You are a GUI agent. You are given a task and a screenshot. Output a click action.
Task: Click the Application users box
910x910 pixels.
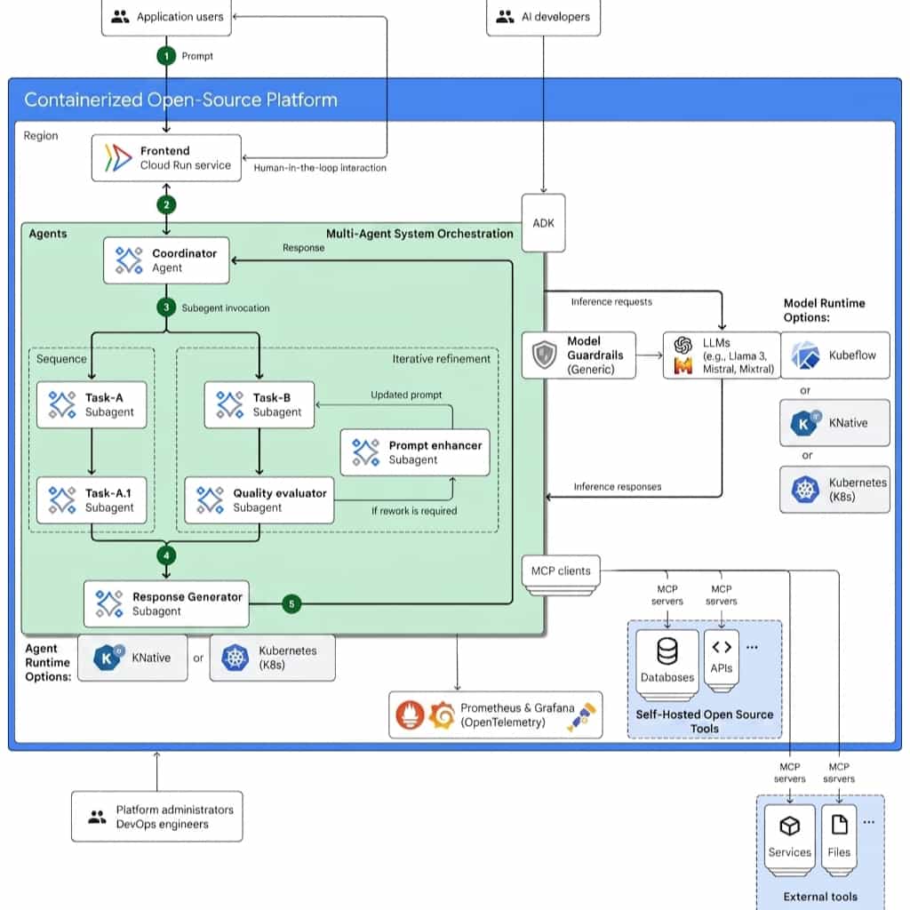tap(166, 17)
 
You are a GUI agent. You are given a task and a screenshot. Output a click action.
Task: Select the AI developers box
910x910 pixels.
tap(543, 17)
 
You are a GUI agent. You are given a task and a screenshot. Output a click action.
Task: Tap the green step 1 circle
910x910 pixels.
tap(166, 56)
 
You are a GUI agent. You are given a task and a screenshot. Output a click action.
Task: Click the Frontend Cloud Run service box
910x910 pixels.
tap(166, 158)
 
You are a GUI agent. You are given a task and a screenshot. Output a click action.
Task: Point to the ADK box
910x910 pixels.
tap(543, 223)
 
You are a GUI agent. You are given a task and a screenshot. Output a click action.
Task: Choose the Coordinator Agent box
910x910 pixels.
tap(166, 260)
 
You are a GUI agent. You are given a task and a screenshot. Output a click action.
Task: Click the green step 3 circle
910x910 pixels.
tap(166, 307)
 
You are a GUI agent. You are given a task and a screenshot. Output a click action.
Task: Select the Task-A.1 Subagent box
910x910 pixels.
tap(92, 500)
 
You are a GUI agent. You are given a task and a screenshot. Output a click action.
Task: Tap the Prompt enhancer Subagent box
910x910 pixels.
tap(415, 452)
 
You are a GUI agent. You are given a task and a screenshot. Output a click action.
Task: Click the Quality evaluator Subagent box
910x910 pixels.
tap(259, 500)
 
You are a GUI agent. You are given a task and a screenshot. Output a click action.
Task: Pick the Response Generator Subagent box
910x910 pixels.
tap(166, 603)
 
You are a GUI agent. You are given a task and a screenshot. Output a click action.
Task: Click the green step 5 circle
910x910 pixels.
tap(291, 603)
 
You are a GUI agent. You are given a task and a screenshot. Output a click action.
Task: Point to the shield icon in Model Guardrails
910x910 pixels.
tap(545, 355)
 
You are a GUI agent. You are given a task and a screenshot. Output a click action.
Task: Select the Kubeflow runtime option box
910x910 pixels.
tap(834, 355)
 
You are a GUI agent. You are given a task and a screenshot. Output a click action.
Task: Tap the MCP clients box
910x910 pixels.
tap(562, 571)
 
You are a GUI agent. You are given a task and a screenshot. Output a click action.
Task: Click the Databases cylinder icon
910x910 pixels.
tap(667, 651)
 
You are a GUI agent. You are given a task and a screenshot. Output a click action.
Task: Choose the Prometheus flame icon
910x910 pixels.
tap(410, 715)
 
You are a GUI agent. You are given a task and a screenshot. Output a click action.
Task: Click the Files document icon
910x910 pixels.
tap(839, 825)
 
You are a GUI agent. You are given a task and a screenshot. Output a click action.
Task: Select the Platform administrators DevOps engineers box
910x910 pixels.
tap(157, 817)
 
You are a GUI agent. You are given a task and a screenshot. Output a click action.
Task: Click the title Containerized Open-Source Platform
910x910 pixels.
tap(180, 100)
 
